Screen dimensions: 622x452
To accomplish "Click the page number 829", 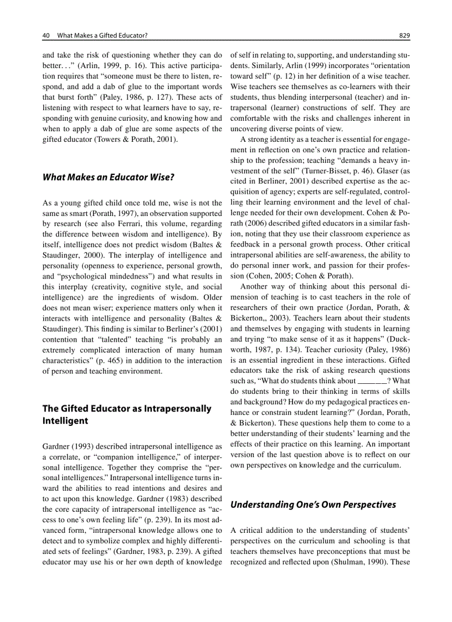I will tap(404, 35).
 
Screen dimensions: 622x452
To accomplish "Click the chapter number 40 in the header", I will tap(46, 35).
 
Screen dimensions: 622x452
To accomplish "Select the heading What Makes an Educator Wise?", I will tap(109, 178).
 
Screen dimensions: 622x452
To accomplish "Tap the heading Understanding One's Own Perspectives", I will tap(313, 505).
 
